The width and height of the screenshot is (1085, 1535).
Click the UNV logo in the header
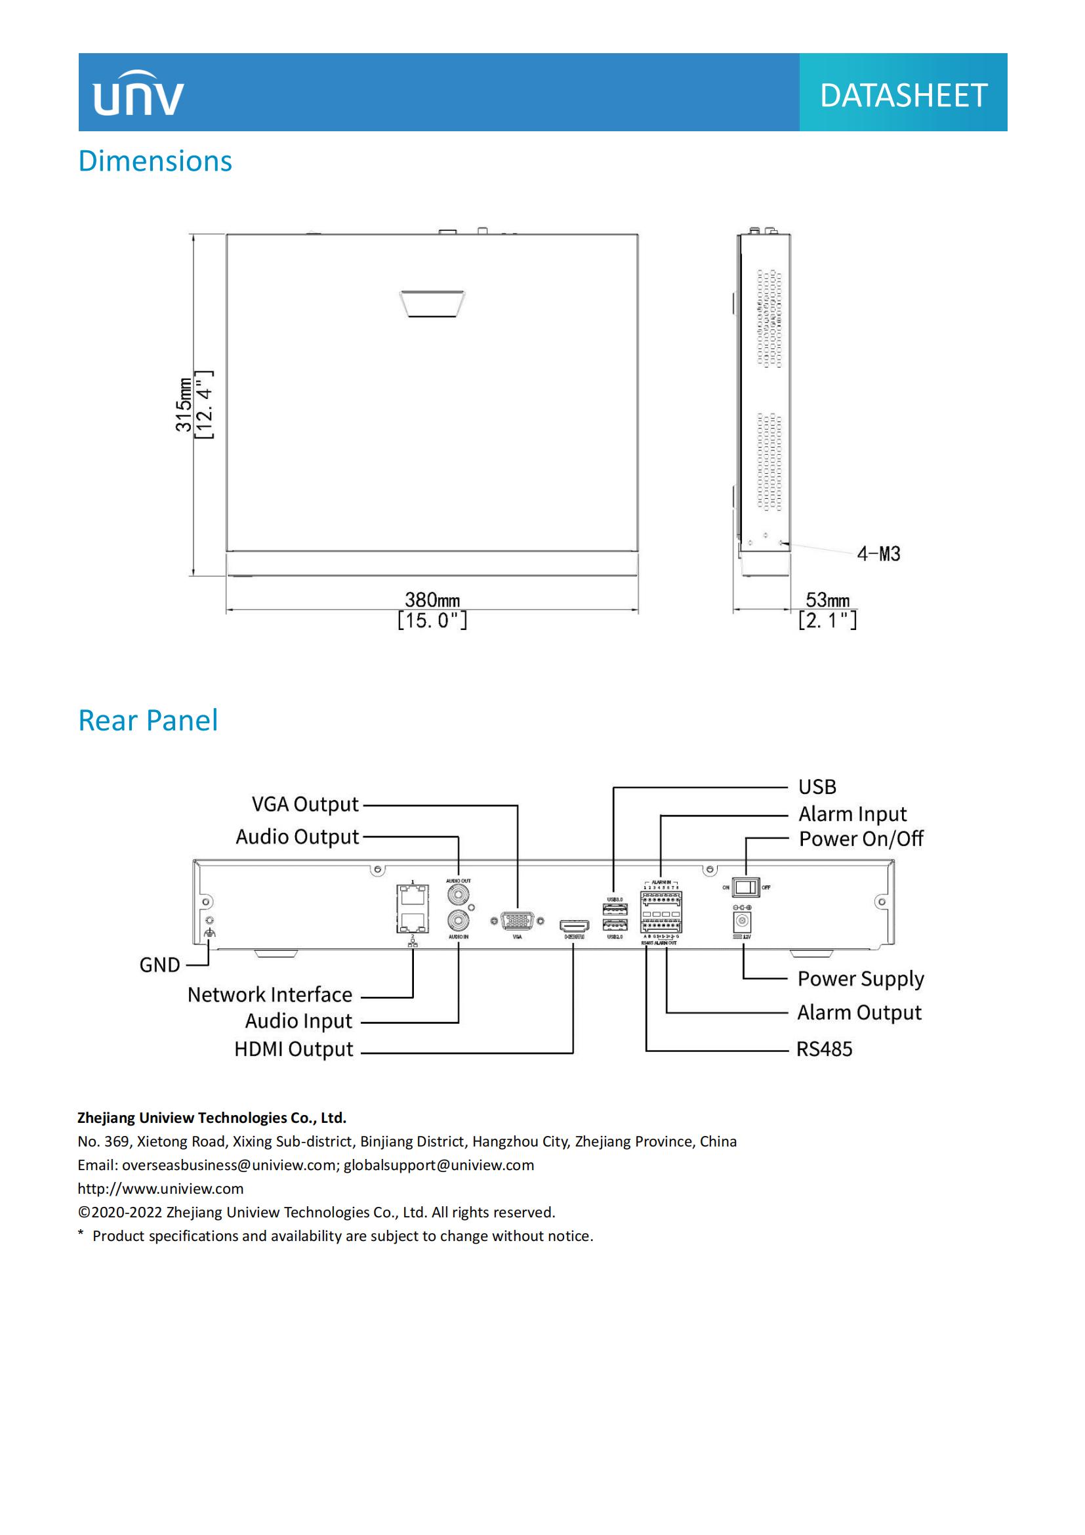click(138, 94)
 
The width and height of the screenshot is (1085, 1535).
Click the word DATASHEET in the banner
click(903, 96)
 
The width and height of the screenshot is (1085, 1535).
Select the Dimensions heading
click(155, 161)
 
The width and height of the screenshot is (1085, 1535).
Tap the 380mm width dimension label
click(432, 600)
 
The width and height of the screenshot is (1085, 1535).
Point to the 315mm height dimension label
click(184, 405)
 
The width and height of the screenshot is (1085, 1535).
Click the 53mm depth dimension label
click(827, 600)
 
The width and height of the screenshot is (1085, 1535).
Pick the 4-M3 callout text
click(878, 554)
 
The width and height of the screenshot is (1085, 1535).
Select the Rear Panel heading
click(148, 721)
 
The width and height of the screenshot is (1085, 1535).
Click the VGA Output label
click(304, 805)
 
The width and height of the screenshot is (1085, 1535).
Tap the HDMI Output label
click(293, 1049)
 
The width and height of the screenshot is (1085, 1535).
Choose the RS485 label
click(824, 1049)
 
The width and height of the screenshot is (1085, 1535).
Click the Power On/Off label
click(861, 838)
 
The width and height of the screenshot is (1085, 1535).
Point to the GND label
click(159, 965)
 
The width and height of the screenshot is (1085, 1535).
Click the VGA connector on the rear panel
click(517, 921)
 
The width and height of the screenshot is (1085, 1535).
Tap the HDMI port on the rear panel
click(574, 926)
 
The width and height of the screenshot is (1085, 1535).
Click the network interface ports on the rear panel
click(412, 908)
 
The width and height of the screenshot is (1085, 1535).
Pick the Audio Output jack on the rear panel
click(458, 894)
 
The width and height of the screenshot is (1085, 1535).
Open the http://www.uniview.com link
click(160, 1188)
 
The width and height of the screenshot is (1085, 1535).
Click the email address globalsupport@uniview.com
click(439, 1166)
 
